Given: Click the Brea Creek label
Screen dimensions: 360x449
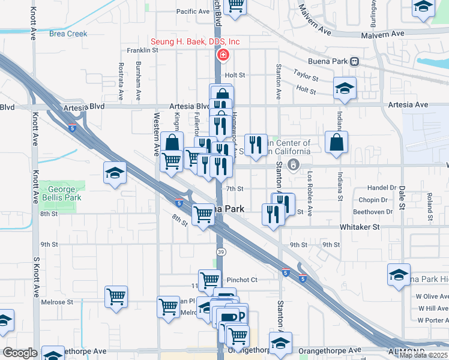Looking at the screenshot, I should [x=68, y=34].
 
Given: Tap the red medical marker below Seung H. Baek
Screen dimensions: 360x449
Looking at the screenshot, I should [x=222, y=56].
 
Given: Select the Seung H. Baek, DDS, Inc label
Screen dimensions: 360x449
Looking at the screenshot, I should [x=195, y=41].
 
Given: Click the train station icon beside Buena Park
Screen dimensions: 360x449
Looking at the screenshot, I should [x=355, y=61].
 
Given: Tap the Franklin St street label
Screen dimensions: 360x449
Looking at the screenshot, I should [x=142, y=51].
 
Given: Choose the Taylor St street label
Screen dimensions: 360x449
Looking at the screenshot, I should [x=306, y=75].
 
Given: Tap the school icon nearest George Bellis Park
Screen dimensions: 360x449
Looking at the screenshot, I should [x=115, y=173].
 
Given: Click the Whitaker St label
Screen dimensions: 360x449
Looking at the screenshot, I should [x=360, y=227].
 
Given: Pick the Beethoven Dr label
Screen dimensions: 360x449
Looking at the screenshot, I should [x=373, y=212].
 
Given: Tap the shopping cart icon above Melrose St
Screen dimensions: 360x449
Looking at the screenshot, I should [x=116, y=296].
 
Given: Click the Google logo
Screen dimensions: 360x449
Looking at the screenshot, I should [x=20, y=353].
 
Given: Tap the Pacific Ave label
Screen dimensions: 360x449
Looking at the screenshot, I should [x=193, y=11].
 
